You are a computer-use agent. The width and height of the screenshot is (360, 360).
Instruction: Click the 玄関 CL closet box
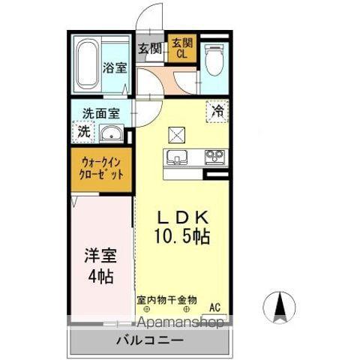coord(181,49)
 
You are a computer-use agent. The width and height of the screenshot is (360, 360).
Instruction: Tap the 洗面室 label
coord(101,114)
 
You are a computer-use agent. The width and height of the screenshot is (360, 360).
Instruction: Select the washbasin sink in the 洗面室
coord(112,134)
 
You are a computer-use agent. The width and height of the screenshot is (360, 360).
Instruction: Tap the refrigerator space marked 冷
coord(217,110)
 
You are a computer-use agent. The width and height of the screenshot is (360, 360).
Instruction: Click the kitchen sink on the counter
coord(177,157)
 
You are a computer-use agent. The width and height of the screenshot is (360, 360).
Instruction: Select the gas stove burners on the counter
coord(213,157)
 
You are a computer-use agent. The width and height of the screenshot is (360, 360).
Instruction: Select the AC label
coord(214,306)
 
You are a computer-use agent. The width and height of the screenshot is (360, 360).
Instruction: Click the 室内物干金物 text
coord(166,298)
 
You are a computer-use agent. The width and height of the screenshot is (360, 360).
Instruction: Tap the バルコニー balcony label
coord(149,341)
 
